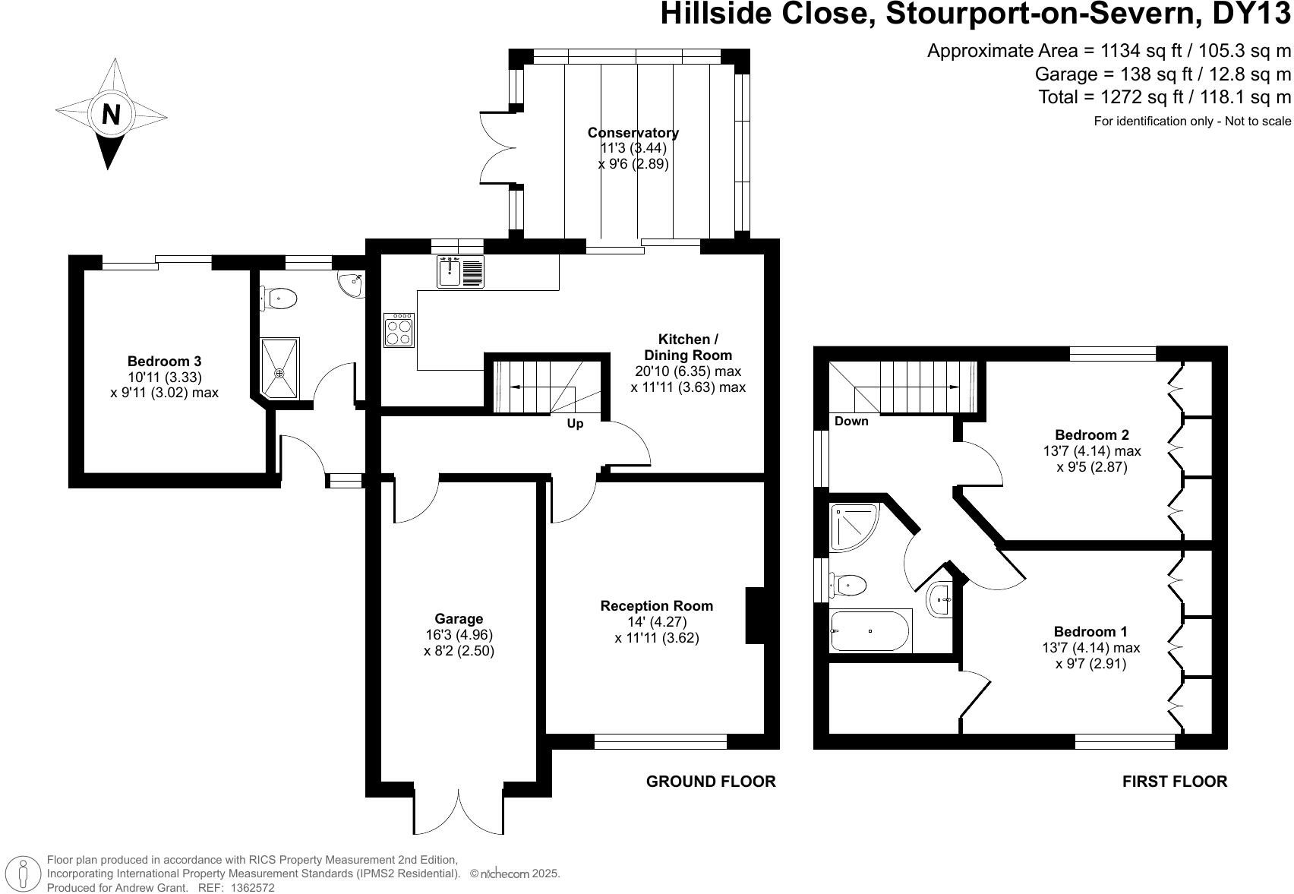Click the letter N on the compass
click(111, 115)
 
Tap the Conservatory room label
click(633, 133)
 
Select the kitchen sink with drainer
click(461, 272)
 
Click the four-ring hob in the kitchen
click(399, 330)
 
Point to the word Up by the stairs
click(575, 424)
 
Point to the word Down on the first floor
click(851, 422)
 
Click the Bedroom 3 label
click(164, 362)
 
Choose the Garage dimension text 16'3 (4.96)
click(459, 635)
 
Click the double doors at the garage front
click(459, 813)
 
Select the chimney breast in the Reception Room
click(755, 615)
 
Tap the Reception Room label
click(656, 606)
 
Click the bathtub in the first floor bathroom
click(870, 630)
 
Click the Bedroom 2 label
click(1091, 435)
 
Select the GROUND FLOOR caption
click(710, 782)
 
